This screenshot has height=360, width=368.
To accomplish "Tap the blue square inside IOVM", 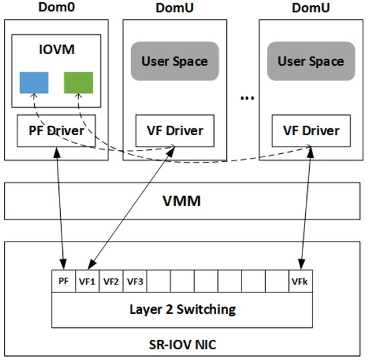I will pos(34,82).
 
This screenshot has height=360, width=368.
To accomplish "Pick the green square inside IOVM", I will pos(78,82).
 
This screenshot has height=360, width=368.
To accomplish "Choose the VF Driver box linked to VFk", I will pos(310,130).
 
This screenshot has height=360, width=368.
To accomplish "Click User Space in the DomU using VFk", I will pos(310,62).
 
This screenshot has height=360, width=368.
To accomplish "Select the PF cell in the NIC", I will pos(63,281).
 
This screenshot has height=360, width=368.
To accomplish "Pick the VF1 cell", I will pos(87,281).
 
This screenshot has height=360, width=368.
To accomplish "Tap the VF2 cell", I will pos(110,281).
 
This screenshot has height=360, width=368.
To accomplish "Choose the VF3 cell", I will pos(134,281).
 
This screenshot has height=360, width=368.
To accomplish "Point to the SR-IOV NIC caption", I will pos(183,345).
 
